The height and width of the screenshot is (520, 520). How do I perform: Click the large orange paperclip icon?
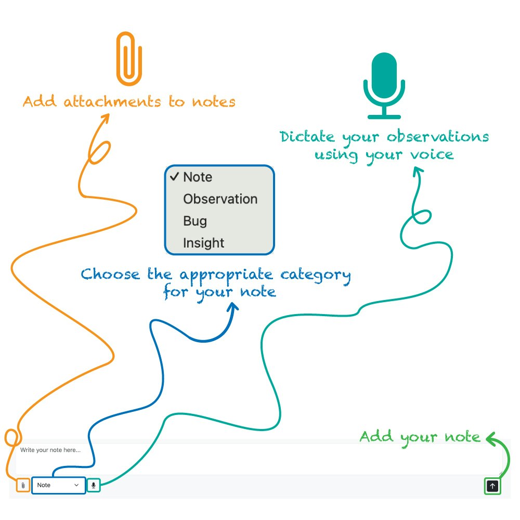click(129, 59)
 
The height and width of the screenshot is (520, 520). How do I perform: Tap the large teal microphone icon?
click(384, 85)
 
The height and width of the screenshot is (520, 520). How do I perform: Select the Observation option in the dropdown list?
click(220, 199)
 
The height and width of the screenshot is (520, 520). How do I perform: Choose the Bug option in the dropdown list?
click(195, 221)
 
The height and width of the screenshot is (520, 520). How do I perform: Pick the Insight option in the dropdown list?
click(203, 243)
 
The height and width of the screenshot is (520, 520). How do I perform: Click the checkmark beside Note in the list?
click(174, 177)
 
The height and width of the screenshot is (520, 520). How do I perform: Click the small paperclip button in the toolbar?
click(23, 485)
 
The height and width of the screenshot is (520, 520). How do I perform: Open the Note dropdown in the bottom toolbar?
click(58, 485)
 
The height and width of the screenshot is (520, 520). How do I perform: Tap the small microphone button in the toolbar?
click(93, 485)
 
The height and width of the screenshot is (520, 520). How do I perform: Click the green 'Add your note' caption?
click(420, 436)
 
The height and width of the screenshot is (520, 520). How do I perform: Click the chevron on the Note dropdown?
click(77, 485)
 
